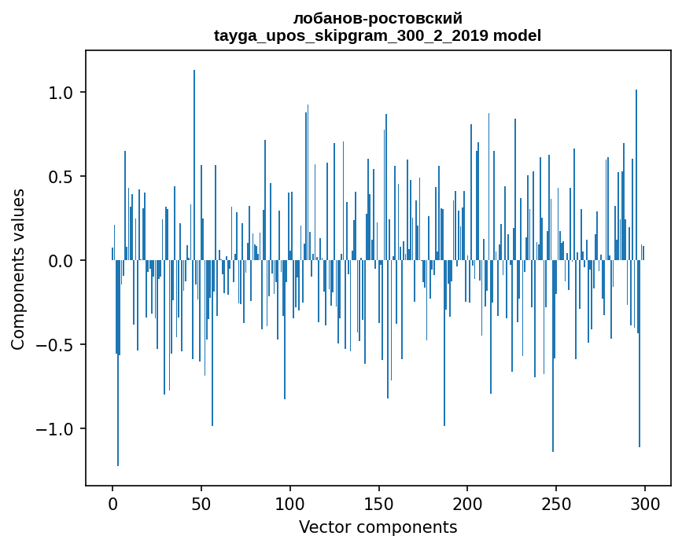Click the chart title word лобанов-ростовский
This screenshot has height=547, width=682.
click(378, 19)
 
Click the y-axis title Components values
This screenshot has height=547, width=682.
click(18, 269)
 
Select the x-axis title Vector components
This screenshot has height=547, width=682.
click(378, 527)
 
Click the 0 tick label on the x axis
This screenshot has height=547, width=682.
click(112, 502)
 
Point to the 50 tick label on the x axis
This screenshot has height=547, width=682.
click(201, 502)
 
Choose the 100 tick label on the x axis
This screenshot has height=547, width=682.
click(290, 502)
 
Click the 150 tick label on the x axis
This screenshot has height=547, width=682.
click(379, 502)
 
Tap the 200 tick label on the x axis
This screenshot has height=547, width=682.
click(467, 502)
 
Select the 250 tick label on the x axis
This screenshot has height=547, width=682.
click(556, 502)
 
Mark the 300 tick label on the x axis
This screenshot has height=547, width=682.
click(645, 502)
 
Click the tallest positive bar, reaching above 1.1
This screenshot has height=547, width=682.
click(194, 157)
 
